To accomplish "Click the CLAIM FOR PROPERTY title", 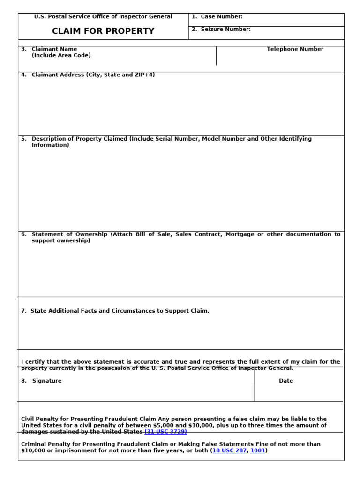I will [x=103, y=31].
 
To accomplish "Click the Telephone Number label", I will [x=295, y=49].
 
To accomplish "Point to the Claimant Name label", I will [x=54, y=49].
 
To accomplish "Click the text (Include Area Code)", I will [x=61, y=55].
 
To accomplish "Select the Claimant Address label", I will [x=93, y=75].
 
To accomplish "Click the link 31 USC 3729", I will [x=166, y=432].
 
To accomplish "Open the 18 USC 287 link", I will [x=229, y=451].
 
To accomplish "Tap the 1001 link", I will [x=257, y=451].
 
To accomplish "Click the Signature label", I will [x=46, y=381].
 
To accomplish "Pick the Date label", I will [x=286, y=381].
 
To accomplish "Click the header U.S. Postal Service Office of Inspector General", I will [x=103, y=17].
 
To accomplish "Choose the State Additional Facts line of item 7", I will [x=120, y=311].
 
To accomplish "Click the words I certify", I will [x=32, y=362].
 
